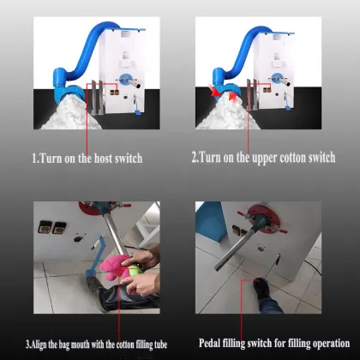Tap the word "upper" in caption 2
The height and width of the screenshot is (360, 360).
click(267, 159)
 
